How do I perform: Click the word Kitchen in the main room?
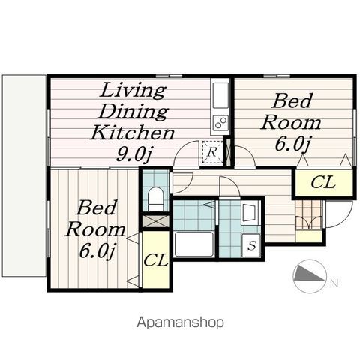pyautogui.click(x=132, y=133)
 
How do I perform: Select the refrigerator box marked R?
pyautogui.click(x=212, y=152)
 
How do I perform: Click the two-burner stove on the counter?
pyautogui.click(x=220, y=122)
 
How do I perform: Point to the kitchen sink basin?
pyautogui.click(x=220, y=95)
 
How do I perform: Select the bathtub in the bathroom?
pyautogui.click(x=194, y=244)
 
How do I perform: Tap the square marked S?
pyautogui.click(x=251, y=245)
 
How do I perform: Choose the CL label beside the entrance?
pyautogui.click(x=322, y=182)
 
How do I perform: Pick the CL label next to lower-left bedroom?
pyautogui.click(x=155, y=260)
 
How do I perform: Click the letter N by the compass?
pyautogui.click(x=334, y=283)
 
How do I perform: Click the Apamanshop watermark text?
pyautogui.click(x=180, y=322)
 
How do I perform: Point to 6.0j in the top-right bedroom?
pyautogui.click(x=292, y=145)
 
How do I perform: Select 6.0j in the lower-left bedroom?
pyautogui.click(x=97, y=251)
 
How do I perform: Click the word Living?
pyautogui.click(x=133, y=90)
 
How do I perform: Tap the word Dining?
pyautogui.click(x=133, y=112)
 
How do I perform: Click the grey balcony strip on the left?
pyautogui.click(x=24, y=175)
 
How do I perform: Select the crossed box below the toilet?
pyautogui.click(x=155, y=220)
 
